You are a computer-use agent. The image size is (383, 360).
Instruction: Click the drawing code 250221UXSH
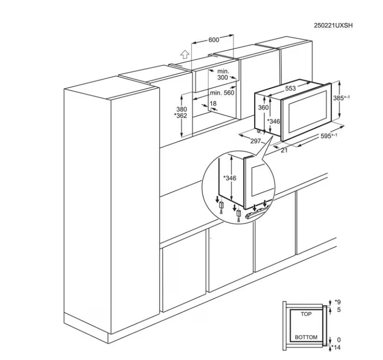[333, 25]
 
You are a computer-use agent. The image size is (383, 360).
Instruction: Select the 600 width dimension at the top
[214, 39]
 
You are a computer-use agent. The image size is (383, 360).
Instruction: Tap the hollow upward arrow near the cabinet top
[185, 54]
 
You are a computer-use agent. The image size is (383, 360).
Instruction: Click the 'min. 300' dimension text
[223, 75]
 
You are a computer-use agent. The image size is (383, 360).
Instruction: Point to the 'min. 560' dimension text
[222, 93]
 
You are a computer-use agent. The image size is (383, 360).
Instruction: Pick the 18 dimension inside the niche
[213, 103]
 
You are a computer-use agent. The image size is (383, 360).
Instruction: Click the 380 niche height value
[182, 109]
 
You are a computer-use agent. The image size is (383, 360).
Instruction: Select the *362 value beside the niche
[181, 115]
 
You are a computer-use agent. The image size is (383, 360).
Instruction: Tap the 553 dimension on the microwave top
[291, 88]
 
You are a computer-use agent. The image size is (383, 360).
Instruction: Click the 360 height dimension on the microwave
[263, 107]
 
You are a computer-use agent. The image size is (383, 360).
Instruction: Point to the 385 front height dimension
[341, 98]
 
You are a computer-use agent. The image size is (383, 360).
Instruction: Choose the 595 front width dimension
[329, 136]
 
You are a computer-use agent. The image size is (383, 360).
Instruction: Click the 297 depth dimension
[255, 141]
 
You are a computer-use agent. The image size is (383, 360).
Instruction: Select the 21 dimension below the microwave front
[284, 150]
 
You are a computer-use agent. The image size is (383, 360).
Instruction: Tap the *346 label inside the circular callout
[230, 178]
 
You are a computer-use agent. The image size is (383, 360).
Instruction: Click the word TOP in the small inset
[306, 314]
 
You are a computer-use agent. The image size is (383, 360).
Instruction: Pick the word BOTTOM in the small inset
[306, 337]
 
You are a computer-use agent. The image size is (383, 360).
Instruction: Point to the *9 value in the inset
[337, 302]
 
